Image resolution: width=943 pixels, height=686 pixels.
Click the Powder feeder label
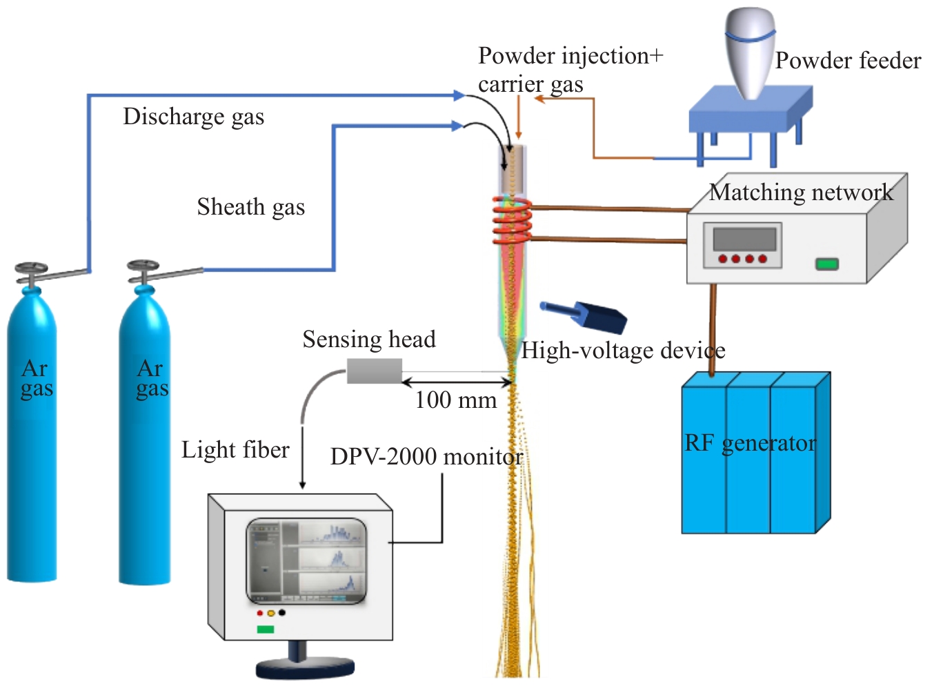pos(848,61)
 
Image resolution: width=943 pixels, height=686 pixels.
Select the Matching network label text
pos(801,192)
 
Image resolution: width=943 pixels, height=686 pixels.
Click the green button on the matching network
pos(826,264)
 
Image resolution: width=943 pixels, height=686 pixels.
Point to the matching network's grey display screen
pos(744,239)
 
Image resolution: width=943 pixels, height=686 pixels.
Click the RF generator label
pos(750,443)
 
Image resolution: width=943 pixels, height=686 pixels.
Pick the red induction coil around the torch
pos(511,221)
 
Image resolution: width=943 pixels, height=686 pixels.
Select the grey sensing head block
pos(374,371)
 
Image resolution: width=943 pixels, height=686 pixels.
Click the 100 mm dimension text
pos(455,400)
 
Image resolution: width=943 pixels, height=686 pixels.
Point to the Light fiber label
pos(235,450)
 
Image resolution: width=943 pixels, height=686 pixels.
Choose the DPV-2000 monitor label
pos(426,457)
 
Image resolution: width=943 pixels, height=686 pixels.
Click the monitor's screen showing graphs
pos(306,561)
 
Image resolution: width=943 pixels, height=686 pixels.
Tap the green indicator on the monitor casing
pos(266,629)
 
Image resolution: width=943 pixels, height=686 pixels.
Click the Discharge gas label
pos(193,117)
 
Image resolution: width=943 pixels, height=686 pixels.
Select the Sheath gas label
pos(250,207)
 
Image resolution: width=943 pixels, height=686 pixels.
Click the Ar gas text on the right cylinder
pos(152,378)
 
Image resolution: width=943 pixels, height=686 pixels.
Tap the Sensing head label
pos(369,340)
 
